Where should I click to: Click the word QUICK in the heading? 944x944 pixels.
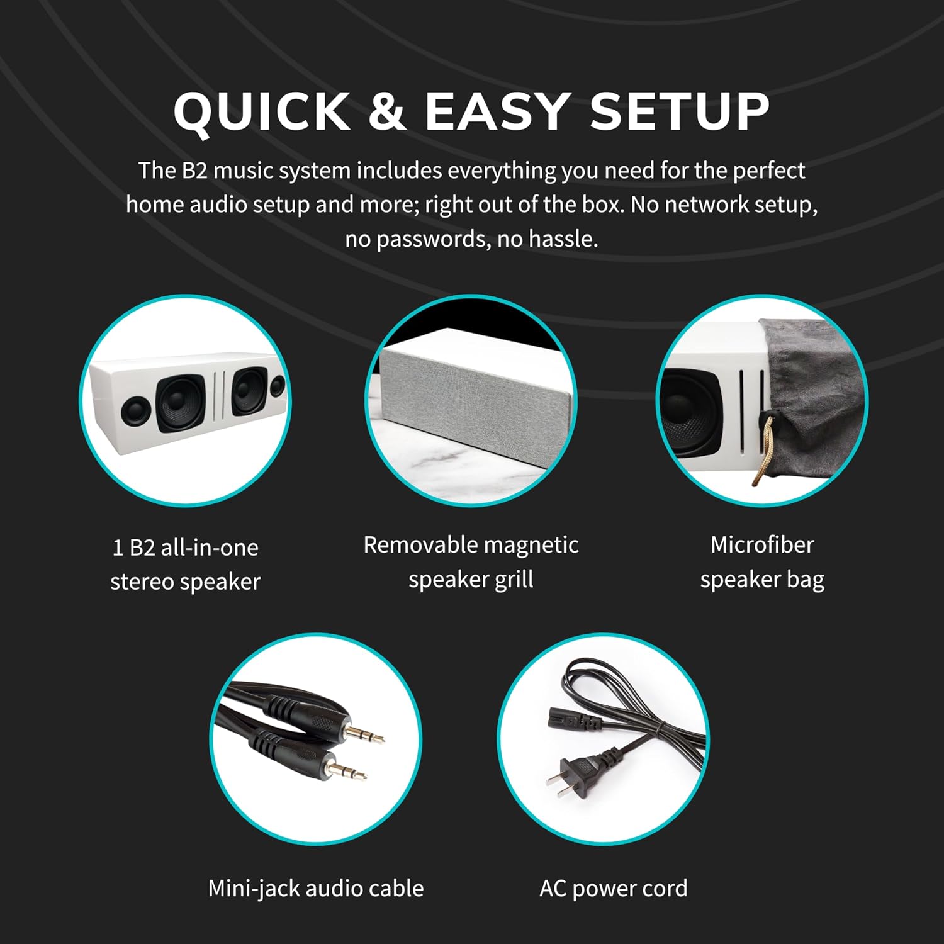[x=261, y=112]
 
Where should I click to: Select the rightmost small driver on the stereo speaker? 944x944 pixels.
[x=277, y=386]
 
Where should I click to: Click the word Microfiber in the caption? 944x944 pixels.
[x=761, y=545]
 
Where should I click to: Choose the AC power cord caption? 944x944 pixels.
[x=613, y=889]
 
